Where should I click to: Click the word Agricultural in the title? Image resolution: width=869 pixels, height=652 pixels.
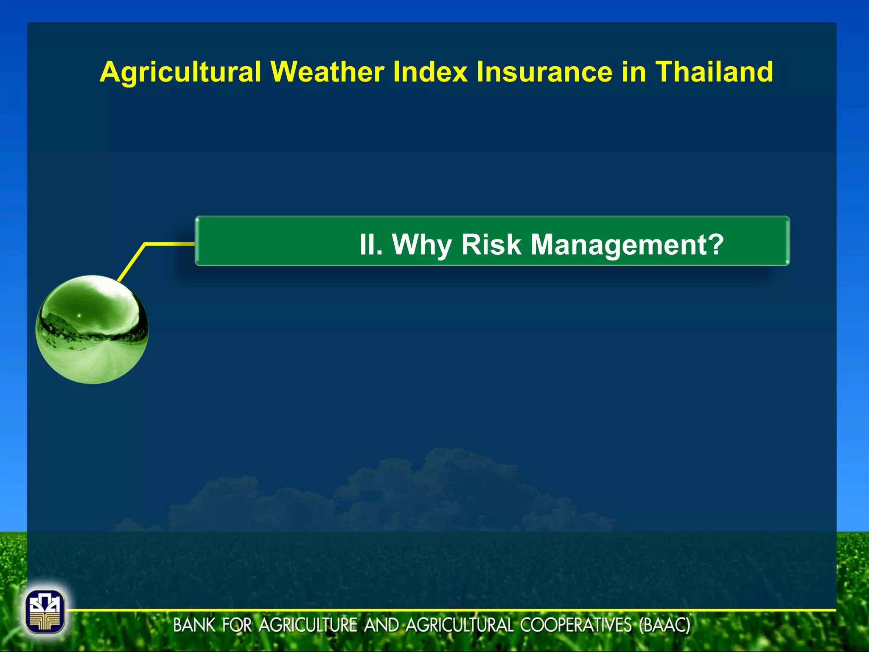[180, 72]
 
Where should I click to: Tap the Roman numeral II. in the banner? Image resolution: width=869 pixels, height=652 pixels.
[371, 244]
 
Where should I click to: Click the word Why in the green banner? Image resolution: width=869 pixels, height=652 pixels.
[421, 245]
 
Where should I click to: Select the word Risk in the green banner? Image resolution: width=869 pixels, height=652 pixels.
[491, 244]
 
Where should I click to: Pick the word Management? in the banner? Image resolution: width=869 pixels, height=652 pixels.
[627, 245]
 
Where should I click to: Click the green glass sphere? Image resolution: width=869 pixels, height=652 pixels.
[92, 329]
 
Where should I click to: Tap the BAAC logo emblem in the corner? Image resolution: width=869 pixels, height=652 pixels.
[45, 612]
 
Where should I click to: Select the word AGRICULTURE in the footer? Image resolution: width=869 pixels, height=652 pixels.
[308, 625]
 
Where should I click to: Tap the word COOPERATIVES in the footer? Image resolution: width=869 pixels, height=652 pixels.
[576, 625]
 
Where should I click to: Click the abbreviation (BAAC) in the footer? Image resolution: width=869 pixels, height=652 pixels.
[664, 625]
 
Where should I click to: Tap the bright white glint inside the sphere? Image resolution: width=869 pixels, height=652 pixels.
[79, 315]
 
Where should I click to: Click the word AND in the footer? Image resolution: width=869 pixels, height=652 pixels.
[381, 625]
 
